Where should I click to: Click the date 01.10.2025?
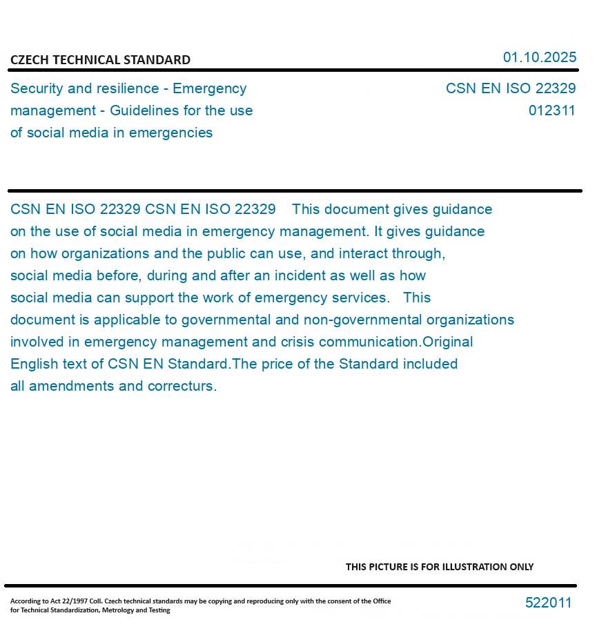[x=539, y=57]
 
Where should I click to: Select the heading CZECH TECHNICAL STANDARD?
[x=100, y=60]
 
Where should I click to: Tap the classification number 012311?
[x=551, y=110]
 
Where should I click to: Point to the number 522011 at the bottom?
[x=548, y=603]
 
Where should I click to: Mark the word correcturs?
[x=182, y=386]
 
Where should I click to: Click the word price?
[x=277, y=364]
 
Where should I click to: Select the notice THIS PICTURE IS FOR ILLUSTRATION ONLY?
[x=439, y=567]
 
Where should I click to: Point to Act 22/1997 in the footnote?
[x=63, y=601]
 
